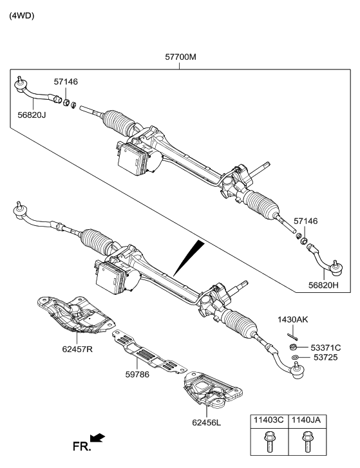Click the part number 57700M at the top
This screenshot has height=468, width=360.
click(x=180, y=57)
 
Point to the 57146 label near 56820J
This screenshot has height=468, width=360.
click(x=66, y=82)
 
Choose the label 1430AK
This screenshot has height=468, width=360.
click(x=294, y=319)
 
